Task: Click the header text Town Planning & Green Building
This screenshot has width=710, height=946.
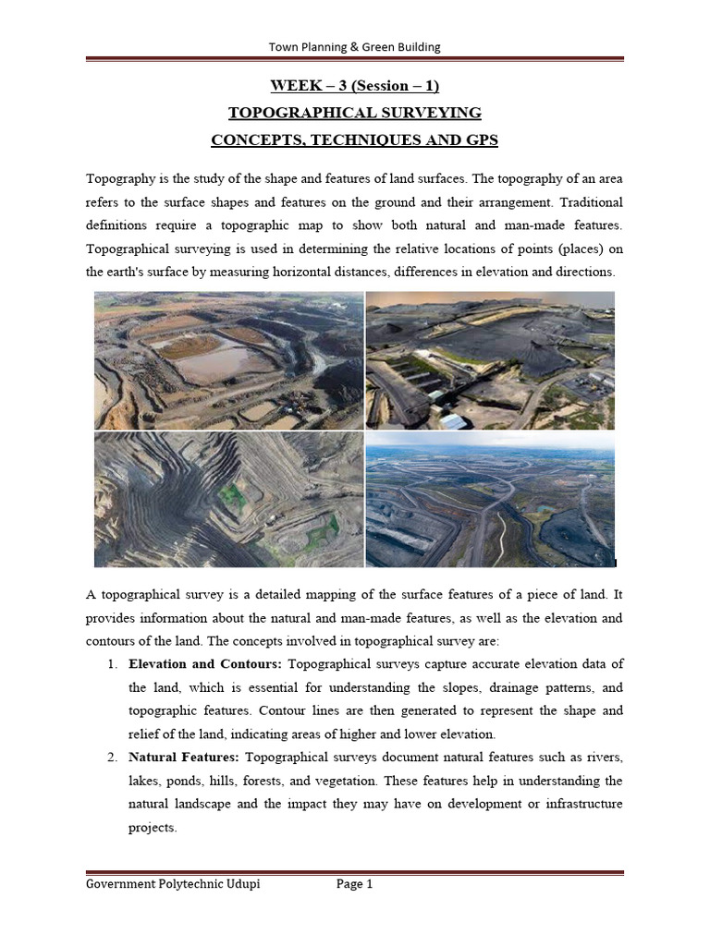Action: [354, 47]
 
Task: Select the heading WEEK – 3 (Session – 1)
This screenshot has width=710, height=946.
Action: [354, 86]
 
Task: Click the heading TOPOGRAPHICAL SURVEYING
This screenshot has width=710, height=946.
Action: [355, 113]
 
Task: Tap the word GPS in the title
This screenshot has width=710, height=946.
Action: [480, 139]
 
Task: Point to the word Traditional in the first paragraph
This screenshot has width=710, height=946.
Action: [585, 201]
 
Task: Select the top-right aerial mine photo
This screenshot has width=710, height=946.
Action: [490, 360]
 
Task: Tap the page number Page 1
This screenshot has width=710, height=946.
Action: [354, 884]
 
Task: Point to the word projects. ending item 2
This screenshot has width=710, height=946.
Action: [153, 828]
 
